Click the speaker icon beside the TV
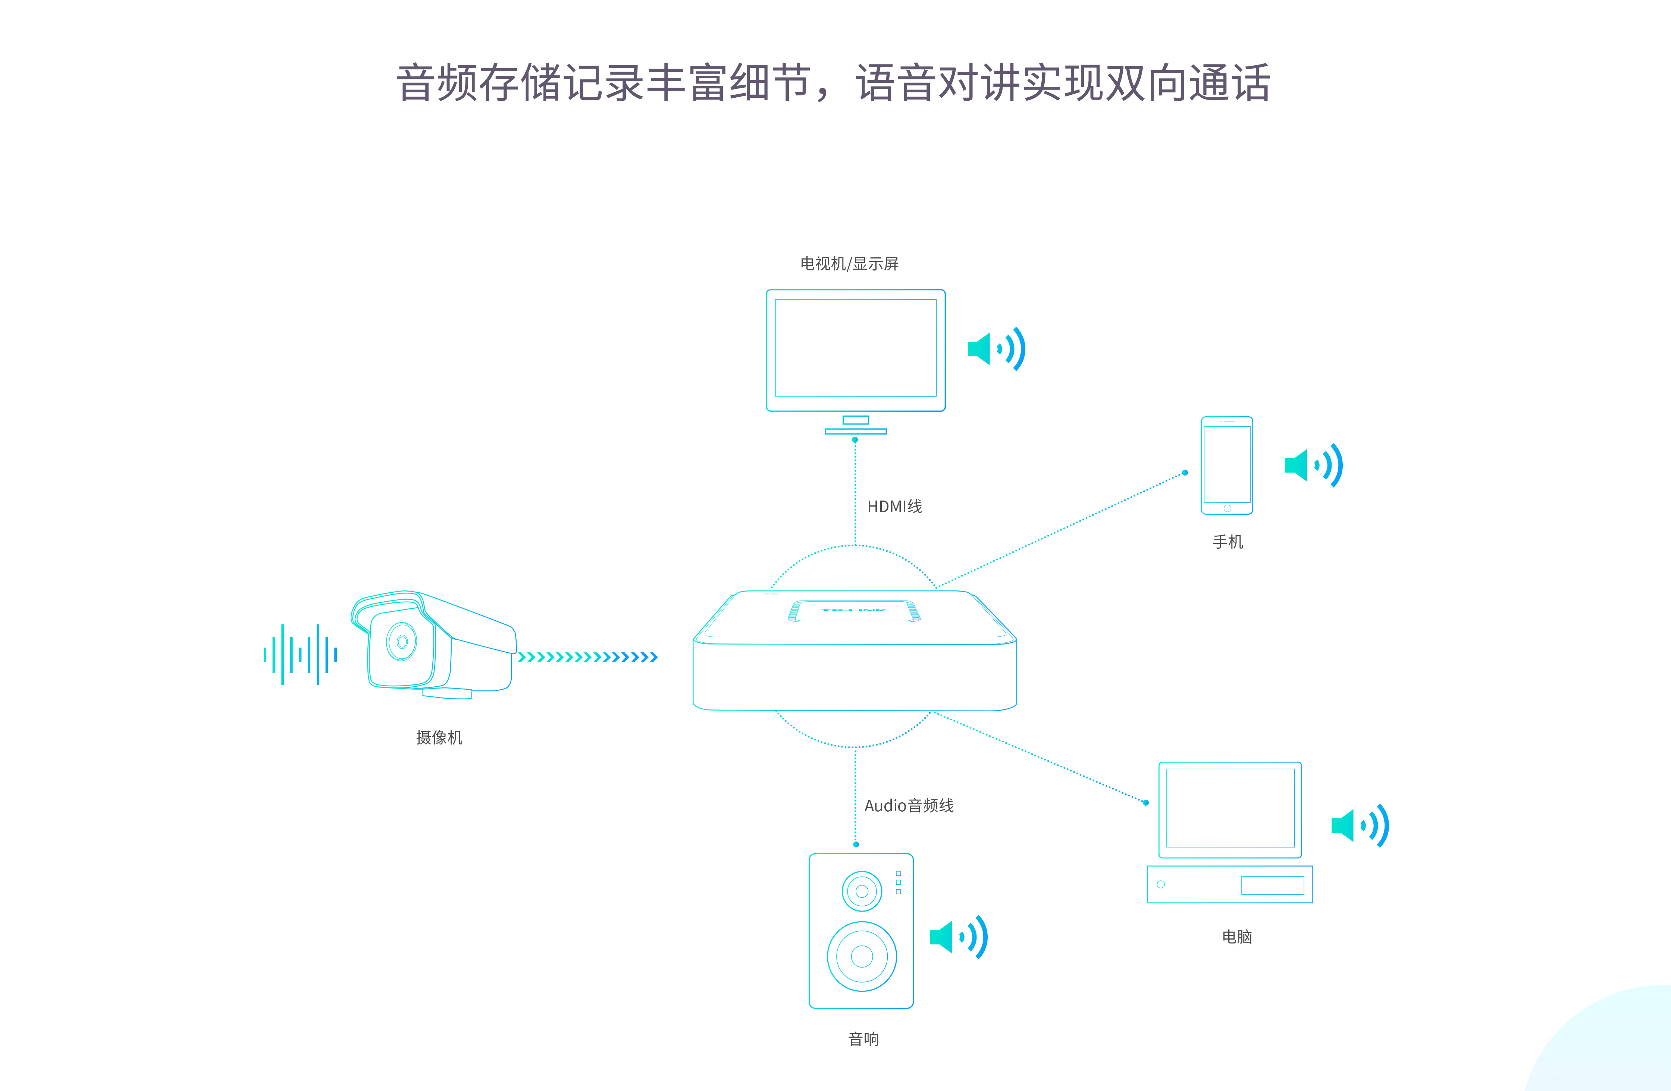[x=996, y=349]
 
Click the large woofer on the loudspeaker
[x=862, y=956]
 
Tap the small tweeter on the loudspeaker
[x=862, y=891]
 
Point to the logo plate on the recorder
[x=854, y=611]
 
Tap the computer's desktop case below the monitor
[x=1229, y=885]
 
